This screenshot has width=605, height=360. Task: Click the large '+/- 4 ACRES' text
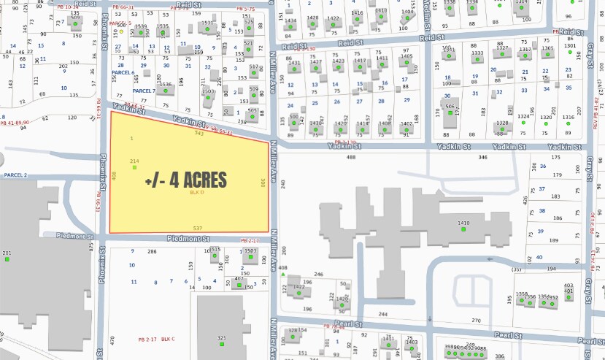[185, 180]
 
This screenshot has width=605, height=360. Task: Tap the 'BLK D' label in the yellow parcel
[194, 193]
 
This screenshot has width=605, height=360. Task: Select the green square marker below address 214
[134, 168]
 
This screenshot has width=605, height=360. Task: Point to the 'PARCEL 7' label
[144, 91]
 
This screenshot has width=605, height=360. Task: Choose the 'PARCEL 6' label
[122, 73]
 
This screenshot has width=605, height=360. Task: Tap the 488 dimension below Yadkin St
[351, 157]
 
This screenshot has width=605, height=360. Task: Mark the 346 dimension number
[482, 157]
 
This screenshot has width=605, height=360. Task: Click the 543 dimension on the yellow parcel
[199, 133]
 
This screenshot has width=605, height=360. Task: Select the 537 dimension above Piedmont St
[197, 229]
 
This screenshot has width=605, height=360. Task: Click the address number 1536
[166, 85]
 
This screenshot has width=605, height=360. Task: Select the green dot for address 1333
[477, 61]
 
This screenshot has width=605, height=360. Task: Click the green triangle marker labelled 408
[282, 275]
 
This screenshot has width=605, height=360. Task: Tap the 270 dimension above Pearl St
[477, 321]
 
